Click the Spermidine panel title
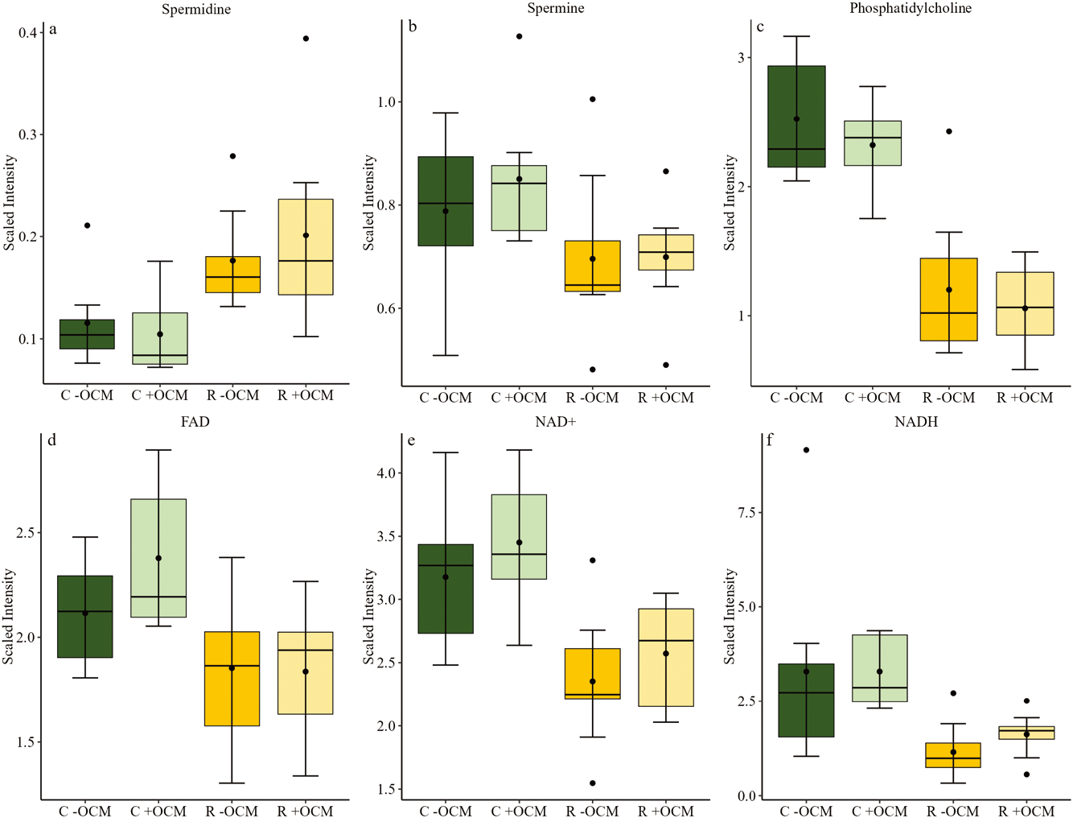click(x=196, y=10)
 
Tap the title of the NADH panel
click(x=916, y=422)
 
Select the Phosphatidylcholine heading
click(x=911, y=9)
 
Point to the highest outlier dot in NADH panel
click(x=806, y=450)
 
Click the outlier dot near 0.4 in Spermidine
click(x=306, y=39)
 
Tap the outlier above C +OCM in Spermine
click(x=520, y=36)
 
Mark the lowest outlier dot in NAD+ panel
click(x=593, y=783)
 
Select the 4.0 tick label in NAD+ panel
click(x=386, y=473)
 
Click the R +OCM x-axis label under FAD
click(x=305, y=811)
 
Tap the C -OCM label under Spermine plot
click(x=446, y=398)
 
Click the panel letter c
click(x=760, y=27)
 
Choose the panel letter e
click(x=412, y=440)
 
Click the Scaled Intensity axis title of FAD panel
click(x=9, y=616)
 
